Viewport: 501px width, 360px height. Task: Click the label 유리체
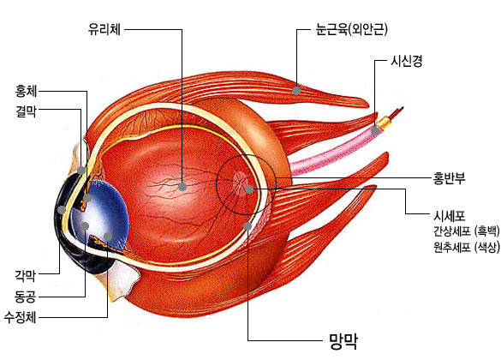tap(104, 29)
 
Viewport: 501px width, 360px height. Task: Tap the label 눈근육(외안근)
tap(351, 29)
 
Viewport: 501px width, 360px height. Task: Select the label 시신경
tap(407, 60)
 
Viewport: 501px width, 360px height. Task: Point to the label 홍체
tap(27, 91)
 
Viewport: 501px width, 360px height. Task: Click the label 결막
tap(27, 111)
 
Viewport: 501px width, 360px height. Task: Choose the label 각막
tap(25, 275)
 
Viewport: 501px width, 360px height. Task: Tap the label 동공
tap(25, 297)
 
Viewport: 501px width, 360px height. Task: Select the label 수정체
tap(21, 317)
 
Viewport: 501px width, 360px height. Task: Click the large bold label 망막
tap(343, 341)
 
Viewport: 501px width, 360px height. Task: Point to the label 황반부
tap(450, 178)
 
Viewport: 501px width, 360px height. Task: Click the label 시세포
tap(450, 216)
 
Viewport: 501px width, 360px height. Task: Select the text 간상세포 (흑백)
tap(467, 231)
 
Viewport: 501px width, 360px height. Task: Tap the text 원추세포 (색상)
tap(467, 247)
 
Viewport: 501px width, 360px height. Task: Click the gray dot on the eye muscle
tap(296, 91)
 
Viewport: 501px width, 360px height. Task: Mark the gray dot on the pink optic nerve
tap(375, 131)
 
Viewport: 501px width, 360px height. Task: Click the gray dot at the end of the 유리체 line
tap(182, 187)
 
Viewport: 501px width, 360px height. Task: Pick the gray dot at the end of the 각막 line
tap(62, 210)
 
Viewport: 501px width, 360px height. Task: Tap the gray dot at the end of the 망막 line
tap(248, 226)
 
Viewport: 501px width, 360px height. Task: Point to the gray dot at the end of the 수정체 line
tap(108, 237)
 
